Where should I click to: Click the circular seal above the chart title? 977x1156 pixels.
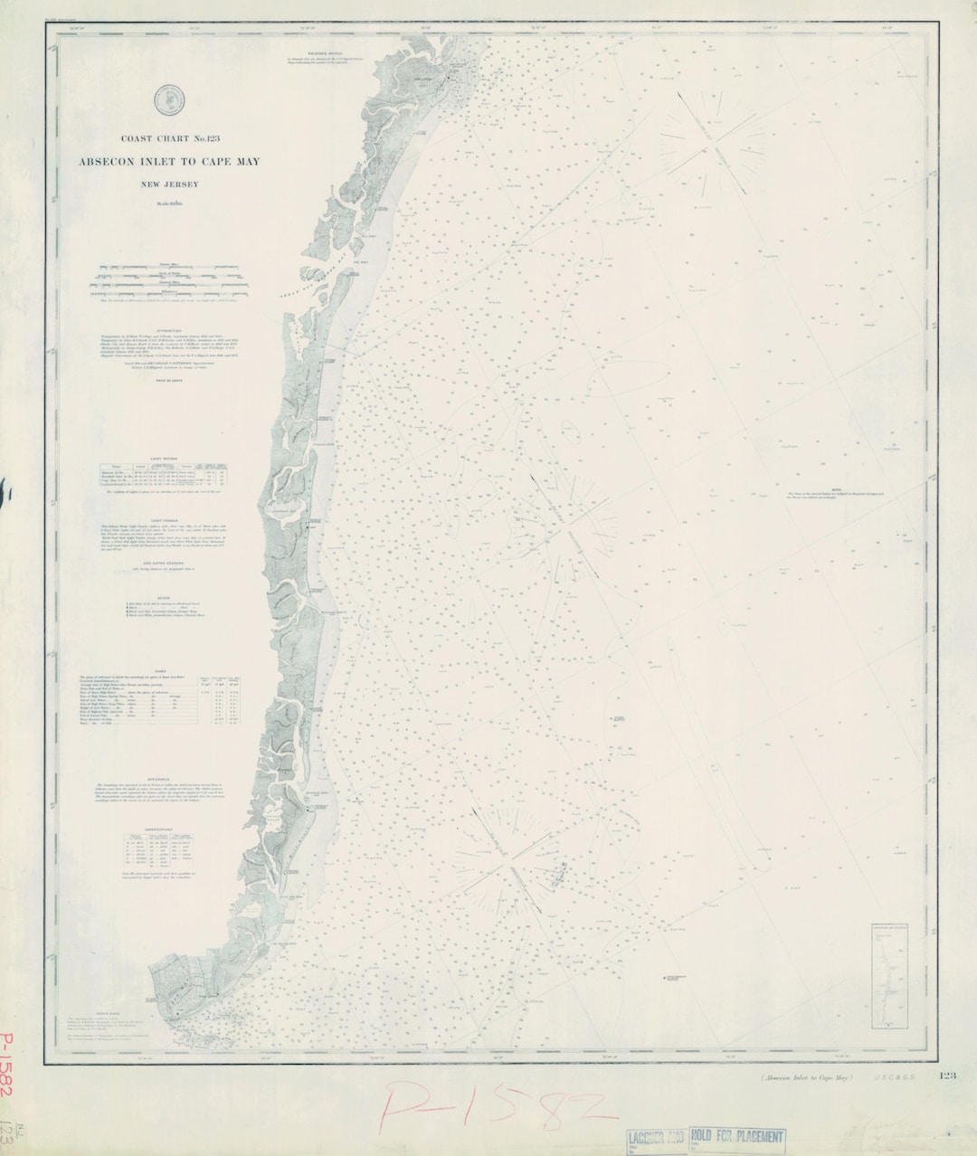[166, 99]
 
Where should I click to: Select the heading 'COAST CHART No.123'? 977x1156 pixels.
[172, 138]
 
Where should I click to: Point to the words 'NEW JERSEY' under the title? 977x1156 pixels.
[170, 185]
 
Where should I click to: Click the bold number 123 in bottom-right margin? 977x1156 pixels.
[947, 1075]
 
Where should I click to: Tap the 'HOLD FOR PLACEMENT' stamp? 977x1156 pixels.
[736, 1136]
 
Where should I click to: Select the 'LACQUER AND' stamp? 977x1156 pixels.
[656, 1137]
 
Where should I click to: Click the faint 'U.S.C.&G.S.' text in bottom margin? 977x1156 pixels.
[895, 1077]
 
